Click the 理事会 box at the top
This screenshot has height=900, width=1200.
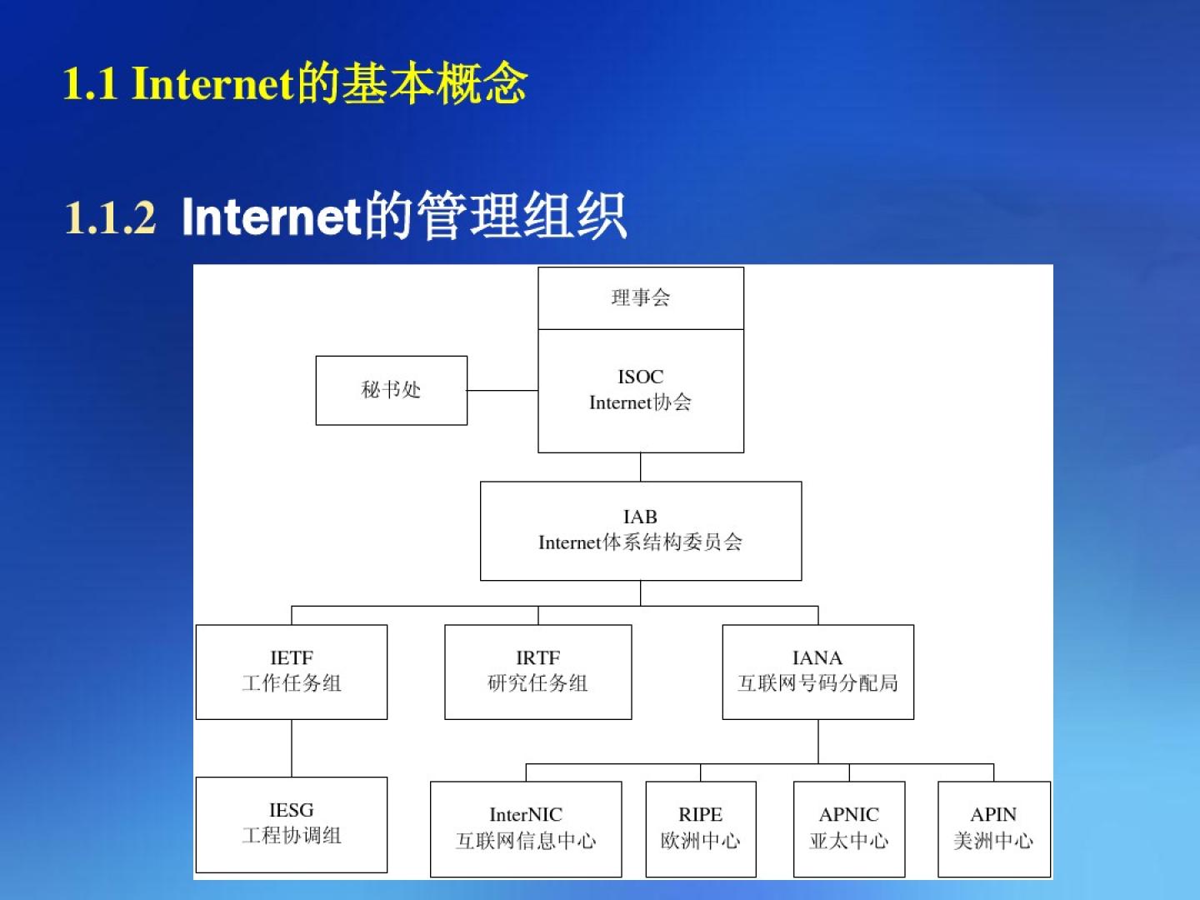coord(641,298)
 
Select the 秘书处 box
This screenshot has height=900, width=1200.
coord(392,390)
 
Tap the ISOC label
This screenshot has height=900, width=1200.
coord(641,377)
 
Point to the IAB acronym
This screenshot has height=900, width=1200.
coord(640,517)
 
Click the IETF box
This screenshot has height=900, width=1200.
coord(292,672)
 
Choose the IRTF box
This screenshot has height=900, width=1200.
coord(538,672)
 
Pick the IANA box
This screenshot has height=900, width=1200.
coord(817,672)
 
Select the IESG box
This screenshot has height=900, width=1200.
coord(292,825)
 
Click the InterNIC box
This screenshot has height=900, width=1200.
coord(526,829)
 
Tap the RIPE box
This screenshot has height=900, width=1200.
coord(701,829)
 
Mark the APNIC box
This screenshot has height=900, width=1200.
coord(849,829)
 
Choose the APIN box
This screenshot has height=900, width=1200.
coord(994,829)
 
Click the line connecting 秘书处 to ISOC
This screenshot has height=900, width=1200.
coord(502,390)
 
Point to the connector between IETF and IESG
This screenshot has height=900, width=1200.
coord(292,748)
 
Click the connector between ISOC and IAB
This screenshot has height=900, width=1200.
coord(641,467)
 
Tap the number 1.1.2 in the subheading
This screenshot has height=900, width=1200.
coord(110,217)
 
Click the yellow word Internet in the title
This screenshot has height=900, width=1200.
coord(214,83)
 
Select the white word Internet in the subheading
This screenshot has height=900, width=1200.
coord(271,217)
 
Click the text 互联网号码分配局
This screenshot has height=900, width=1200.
coord(817,683)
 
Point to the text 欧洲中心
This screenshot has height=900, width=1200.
coord(700,841)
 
